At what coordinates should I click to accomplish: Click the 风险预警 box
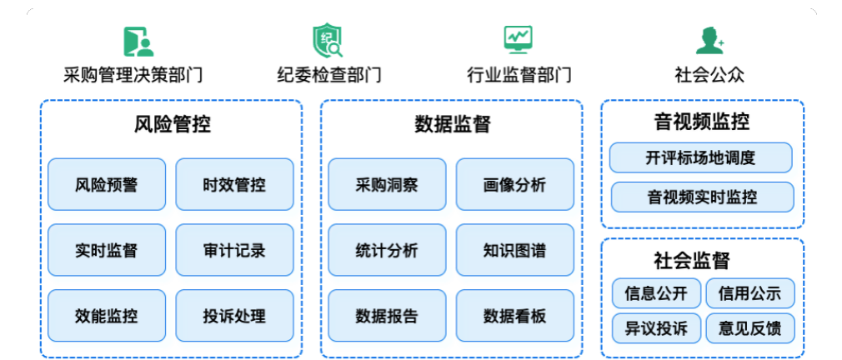click(106, 184)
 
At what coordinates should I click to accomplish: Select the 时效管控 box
click(234, 184)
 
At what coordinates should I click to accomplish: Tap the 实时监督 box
click(106, 250)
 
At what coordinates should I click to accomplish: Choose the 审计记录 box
click(234, 250)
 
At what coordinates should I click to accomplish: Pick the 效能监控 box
click(106, 316)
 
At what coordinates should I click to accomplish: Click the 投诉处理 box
click(234, 316)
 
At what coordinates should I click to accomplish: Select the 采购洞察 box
click(387, 184)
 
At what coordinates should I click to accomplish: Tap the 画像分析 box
click(514, 184)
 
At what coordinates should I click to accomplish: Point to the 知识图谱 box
click(514, 250)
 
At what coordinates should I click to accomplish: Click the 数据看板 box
click(514, 316)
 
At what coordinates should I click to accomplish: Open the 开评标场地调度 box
click(701, 157)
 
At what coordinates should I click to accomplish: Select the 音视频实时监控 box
click(701, 197)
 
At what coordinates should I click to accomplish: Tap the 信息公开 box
click(655, 293)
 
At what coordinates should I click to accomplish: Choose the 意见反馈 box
click(749, 327)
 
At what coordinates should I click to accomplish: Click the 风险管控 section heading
click(172, 125)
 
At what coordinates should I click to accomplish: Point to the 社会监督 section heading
click(702, 260)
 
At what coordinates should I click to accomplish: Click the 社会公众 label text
click(709, 75)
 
